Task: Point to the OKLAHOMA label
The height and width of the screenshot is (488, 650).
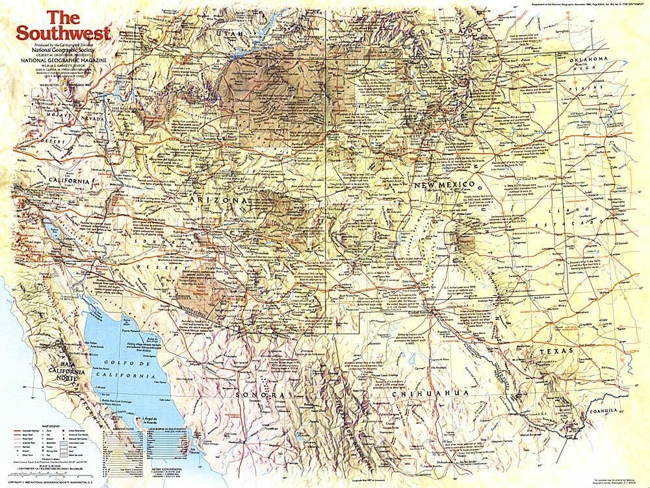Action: [588, 59]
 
